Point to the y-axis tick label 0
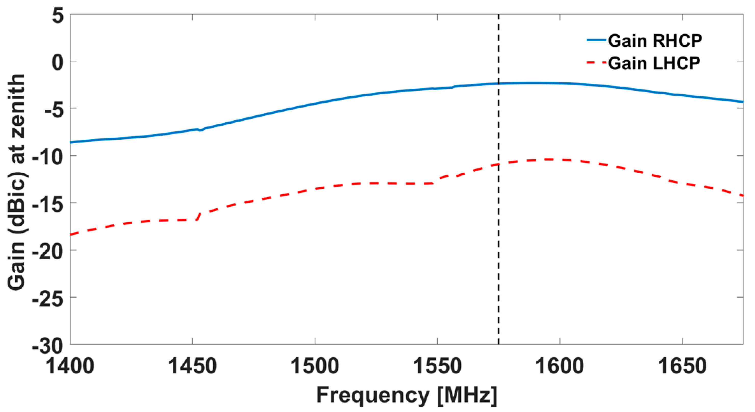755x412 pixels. tap(58, 63)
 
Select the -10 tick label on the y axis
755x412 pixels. tap(48, 157)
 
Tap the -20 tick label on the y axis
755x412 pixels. tap(48, 252)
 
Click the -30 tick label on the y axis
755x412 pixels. tap(48, 346)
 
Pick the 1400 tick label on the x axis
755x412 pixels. tap(70, 366)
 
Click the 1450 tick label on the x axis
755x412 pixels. tap(193, 366)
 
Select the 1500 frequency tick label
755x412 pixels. tap(315, 366)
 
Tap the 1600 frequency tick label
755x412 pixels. tap(560, 366)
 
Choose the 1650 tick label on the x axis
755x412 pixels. tap(682, 366)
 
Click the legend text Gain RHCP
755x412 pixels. tap(655, 41)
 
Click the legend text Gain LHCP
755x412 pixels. tap(654, 63)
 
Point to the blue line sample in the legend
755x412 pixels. tap(596, 40)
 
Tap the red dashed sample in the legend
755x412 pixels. tap(596, 62)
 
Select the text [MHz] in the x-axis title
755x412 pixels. tap(467, 396)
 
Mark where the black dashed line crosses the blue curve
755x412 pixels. tap(499, 84)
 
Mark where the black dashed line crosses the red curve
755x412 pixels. tap(499, 164)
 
